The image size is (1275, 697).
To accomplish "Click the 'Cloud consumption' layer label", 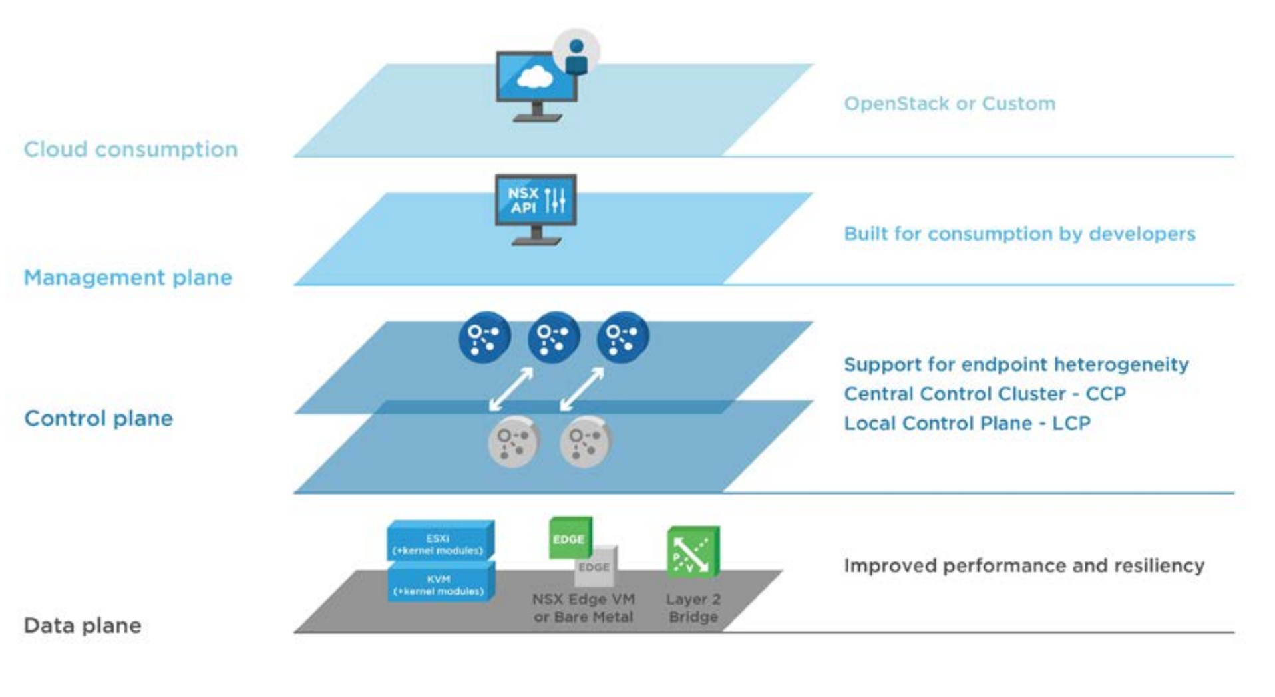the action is pyautogui.click(x=130, y=149).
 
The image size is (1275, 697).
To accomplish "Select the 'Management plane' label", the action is pyautogui.click(x=128, y=277).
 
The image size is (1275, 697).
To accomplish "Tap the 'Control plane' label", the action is pyautogui.click(x=98, y=418).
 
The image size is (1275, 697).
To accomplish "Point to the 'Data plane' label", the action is pyautogui.click(x=83, y=625).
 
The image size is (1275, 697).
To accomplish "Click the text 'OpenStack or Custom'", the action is pyautogui.click(x=950, y=104).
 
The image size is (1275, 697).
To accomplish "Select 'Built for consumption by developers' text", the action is pyautogui.click(x=1019, y=234).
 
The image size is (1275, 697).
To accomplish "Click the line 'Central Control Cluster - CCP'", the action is pyautogui.click(x=985, y=394).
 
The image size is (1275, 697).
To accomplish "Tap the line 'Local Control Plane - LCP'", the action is pyautogui.click(x=967, y=423).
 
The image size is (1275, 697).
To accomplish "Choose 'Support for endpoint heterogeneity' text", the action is pyautogui.click(x=1016, y=364).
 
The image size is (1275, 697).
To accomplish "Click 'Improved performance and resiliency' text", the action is pyautogui.click(x=1024, y=565).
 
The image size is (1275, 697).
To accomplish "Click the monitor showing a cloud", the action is pyautogui.click(x=536, y=86).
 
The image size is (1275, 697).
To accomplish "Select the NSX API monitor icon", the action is pyautogui.click(x=536, y=209).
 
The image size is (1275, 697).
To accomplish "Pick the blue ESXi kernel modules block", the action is pyautogui.click(x=441, y=541).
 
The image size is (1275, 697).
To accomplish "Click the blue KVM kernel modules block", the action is pyautogui.click(x=441, y=582).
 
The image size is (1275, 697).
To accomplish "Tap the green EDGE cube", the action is pyautogui.click(x=570, y=537).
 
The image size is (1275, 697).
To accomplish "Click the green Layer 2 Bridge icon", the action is pyautogui.click(x=693, y=551).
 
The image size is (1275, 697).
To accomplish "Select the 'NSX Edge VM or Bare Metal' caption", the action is pyautogui.click(x=583, y=608).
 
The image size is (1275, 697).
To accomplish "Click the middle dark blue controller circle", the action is pyautogui.click(x=554, y=337).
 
